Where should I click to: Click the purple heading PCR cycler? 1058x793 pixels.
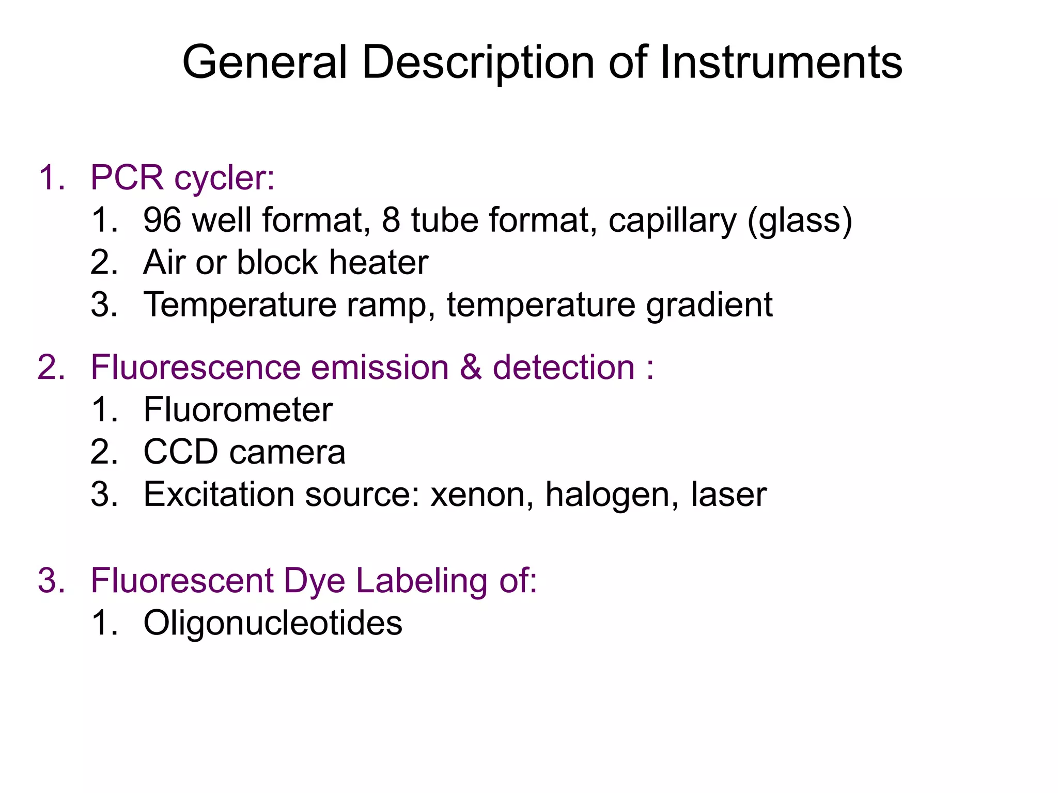coord(182,178)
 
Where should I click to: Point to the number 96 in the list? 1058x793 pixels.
coord(162,220)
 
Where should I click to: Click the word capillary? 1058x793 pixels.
coord(672,221)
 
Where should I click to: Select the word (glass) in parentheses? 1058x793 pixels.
coord(800,221)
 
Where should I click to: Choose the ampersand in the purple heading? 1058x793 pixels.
coord(471,368)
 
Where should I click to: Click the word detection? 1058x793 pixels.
coord(564,368)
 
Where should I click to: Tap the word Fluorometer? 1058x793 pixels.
coord(238,410)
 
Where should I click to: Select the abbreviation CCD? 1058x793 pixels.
coord(181,452)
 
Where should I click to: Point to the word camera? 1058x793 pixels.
coord(287,453)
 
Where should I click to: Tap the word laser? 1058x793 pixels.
coord(728,495)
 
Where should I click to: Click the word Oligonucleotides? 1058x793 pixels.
coord(273,623)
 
